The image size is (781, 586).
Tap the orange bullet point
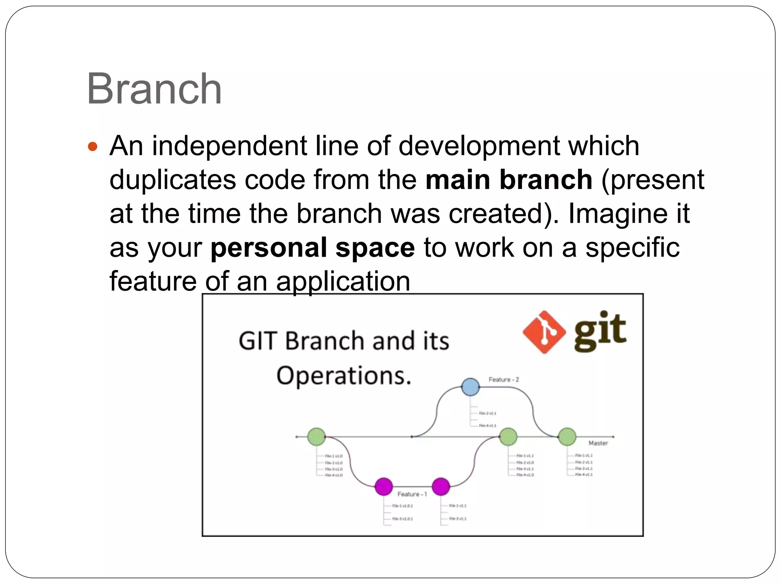click(93, 146)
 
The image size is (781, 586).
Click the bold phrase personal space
click(312, 247)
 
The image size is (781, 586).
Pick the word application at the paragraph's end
click(343, 281)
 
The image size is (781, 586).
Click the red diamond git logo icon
click(544, 332)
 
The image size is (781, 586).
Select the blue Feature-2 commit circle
click(470, 387)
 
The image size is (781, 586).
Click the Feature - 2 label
click(503, 380)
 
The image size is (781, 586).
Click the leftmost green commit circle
click(317, 436)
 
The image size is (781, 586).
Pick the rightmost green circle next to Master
click(567, 436)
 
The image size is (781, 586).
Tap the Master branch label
click(598, 443)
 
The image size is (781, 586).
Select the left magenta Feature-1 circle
click(384, 486)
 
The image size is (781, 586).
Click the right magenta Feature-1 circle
click(441, 486)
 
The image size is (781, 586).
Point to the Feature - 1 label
click(412, 494)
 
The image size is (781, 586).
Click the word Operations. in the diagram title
click(344, 376)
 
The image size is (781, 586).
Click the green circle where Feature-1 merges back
click(508, 436)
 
